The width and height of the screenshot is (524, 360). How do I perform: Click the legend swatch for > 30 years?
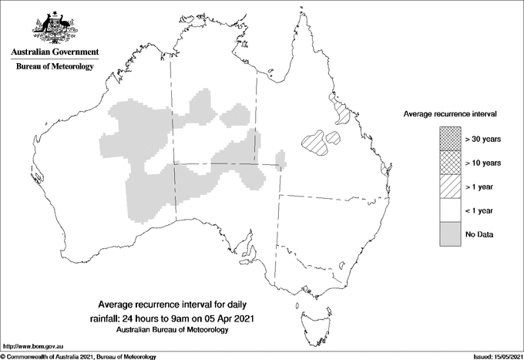click(449, 139)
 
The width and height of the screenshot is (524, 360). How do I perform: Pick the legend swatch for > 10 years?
click(449, 163)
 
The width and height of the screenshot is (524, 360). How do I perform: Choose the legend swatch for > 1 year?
click(449, 187)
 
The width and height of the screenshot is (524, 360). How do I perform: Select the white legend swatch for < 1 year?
click(449, 210)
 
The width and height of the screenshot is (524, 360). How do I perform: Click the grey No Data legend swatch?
click(449, 234)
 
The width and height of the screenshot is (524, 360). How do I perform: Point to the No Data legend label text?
click(479, 234)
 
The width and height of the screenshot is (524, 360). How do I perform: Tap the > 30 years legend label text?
click(483, 139)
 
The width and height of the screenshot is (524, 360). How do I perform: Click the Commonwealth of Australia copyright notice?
click(80, 356)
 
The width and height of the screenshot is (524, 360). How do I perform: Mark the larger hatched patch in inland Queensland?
click(315, 141)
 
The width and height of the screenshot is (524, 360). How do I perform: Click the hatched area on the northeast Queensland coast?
click(338, 109)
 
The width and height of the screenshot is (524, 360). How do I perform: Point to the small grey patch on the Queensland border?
click(281, 161)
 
